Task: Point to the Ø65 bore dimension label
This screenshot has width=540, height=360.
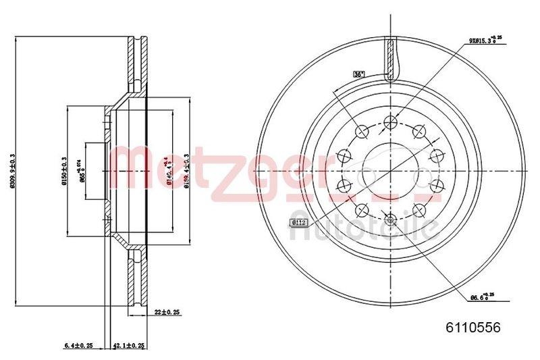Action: coord(82,172)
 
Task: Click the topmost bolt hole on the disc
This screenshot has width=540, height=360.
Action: coord(390,122)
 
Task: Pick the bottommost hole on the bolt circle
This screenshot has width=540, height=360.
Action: coord(390,218)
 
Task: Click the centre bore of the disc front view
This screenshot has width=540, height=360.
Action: coord(389,170)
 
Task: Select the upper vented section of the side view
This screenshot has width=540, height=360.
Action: coord(138,64)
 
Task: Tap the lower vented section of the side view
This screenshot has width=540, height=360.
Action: coord(138,280)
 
